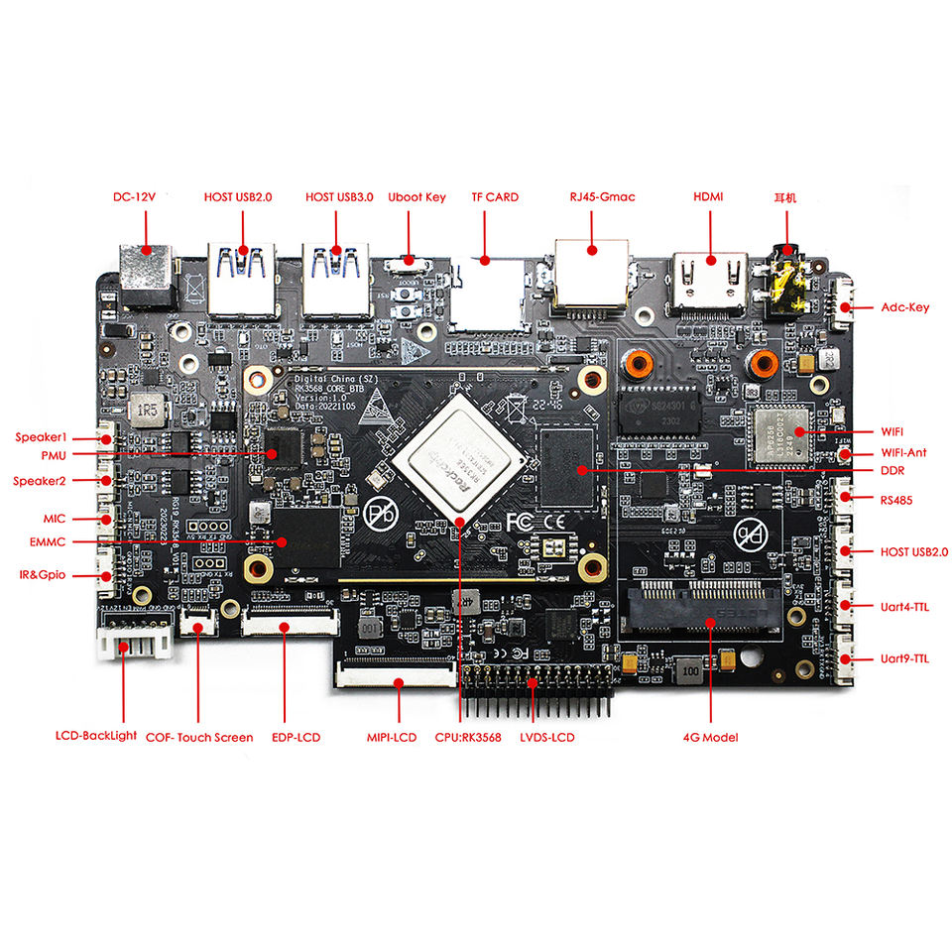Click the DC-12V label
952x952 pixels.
[x=134, y=197]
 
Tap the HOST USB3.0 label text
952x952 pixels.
[x=339, y=197]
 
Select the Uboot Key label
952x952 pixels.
[x=416, y=197]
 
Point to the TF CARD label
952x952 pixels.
[x=495, y=197]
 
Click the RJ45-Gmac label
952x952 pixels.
[x=603, y=197]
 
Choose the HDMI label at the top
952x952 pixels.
[x=708, y=197]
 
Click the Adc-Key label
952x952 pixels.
[x=904, y=307]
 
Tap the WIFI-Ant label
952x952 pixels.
[x=903, y=453]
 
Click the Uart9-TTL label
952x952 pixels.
[x=904, y=658]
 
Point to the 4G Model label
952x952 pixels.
[x=710, y=737]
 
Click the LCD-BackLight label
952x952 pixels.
[x=96, y=737]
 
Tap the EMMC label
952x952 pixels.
[x=47, y=541]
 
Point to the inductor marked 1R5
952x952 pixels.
[x=148, y=409]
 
